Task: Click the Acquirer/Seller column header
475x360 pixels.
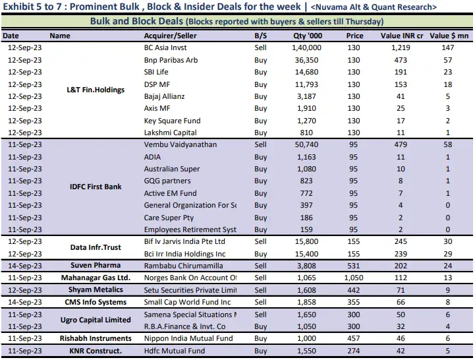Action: point(171,36)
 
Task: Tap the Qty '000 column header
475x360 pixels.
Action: point(308,36)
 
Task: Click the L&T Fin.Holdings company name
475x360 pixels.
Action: point(96,90)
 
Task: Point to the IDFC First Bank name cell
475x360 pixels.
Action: point(96,187)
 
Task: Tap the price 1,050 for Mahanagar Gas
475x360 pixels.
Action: point(354,278)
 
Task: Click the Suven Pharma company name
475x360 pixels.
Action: point(96,266)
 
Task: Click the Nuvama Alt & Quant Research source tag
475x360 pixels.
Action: point(373,7)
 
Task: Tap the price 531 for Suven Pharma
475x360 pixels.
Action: point(354,266)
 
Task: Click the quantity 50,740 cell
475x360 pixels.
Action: point(308,144)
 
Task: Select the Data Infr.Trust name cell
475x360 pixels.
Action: point(96,247)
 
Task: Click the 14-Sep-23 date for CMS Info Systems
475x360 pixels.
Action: point(24,302)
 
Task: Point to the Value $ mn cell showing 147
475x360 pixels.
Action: point(448,48)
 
